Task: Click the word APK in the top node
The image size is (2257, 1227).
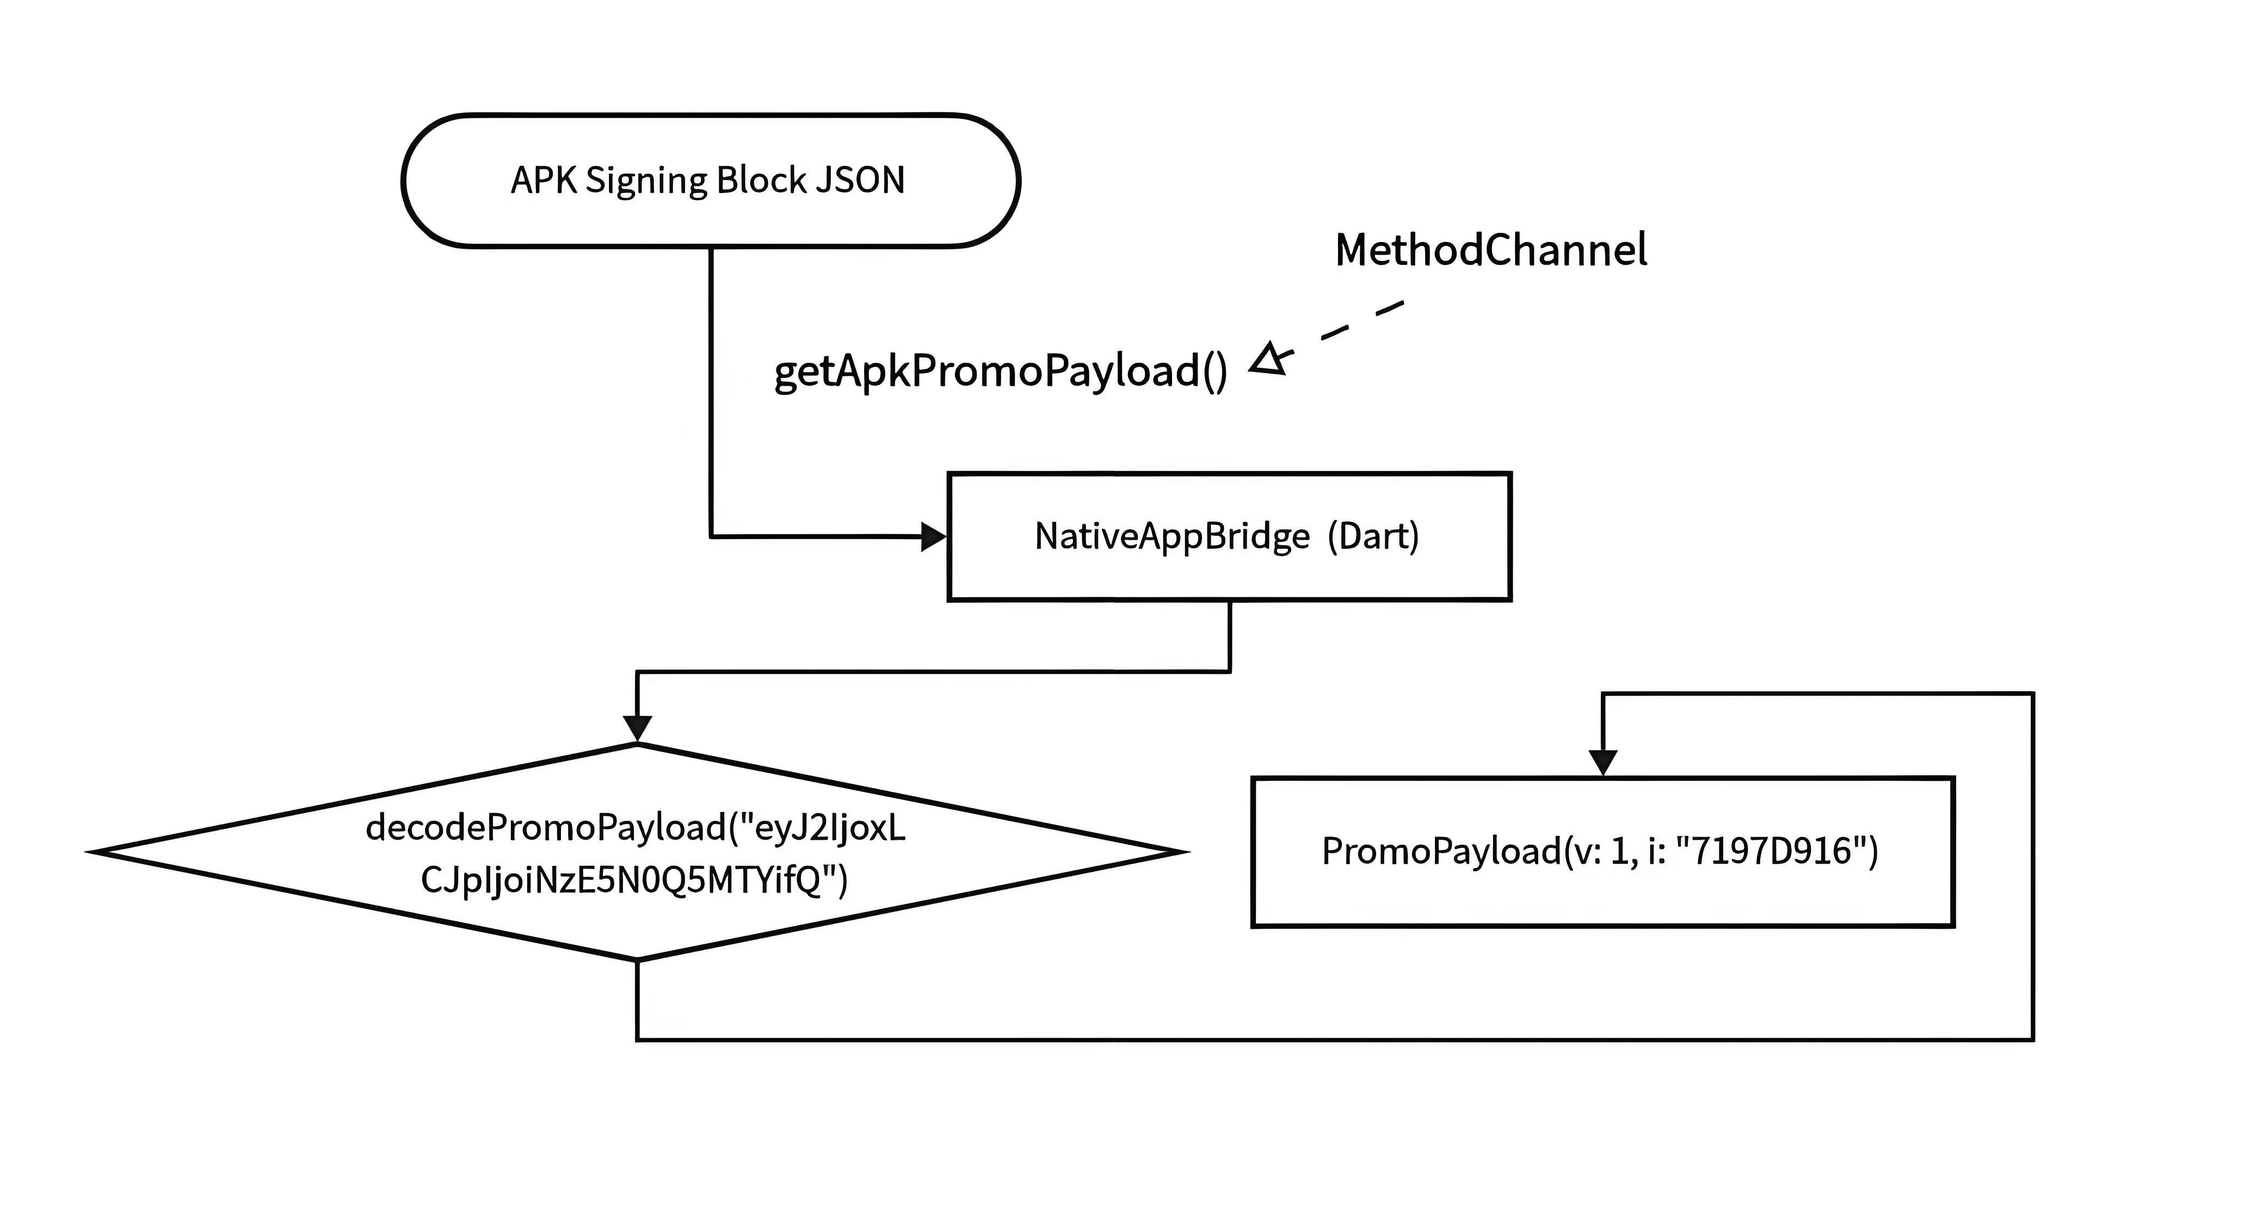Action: pyautogui.click(x=543, y=181)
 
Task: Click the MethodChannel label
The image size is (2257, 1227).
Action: pyautogui.click(x=1491, y=251)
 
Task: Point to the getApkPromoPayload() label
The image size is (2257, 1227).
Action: pyautogui.click(x=1001, y=371)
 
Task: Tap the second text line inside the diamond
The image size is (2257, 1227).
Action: pyautogui.click(x=634, y=880)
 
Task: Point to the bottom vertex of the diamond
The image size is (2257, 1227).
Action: pyautogui.click(x=637, y=960)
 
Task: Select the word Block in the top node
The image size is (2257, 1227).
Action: pyautogui.click(x=761, y=181)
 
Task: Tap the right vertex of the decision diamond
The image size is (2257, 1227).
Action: pyautogui.click(x=1186, y=851)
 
